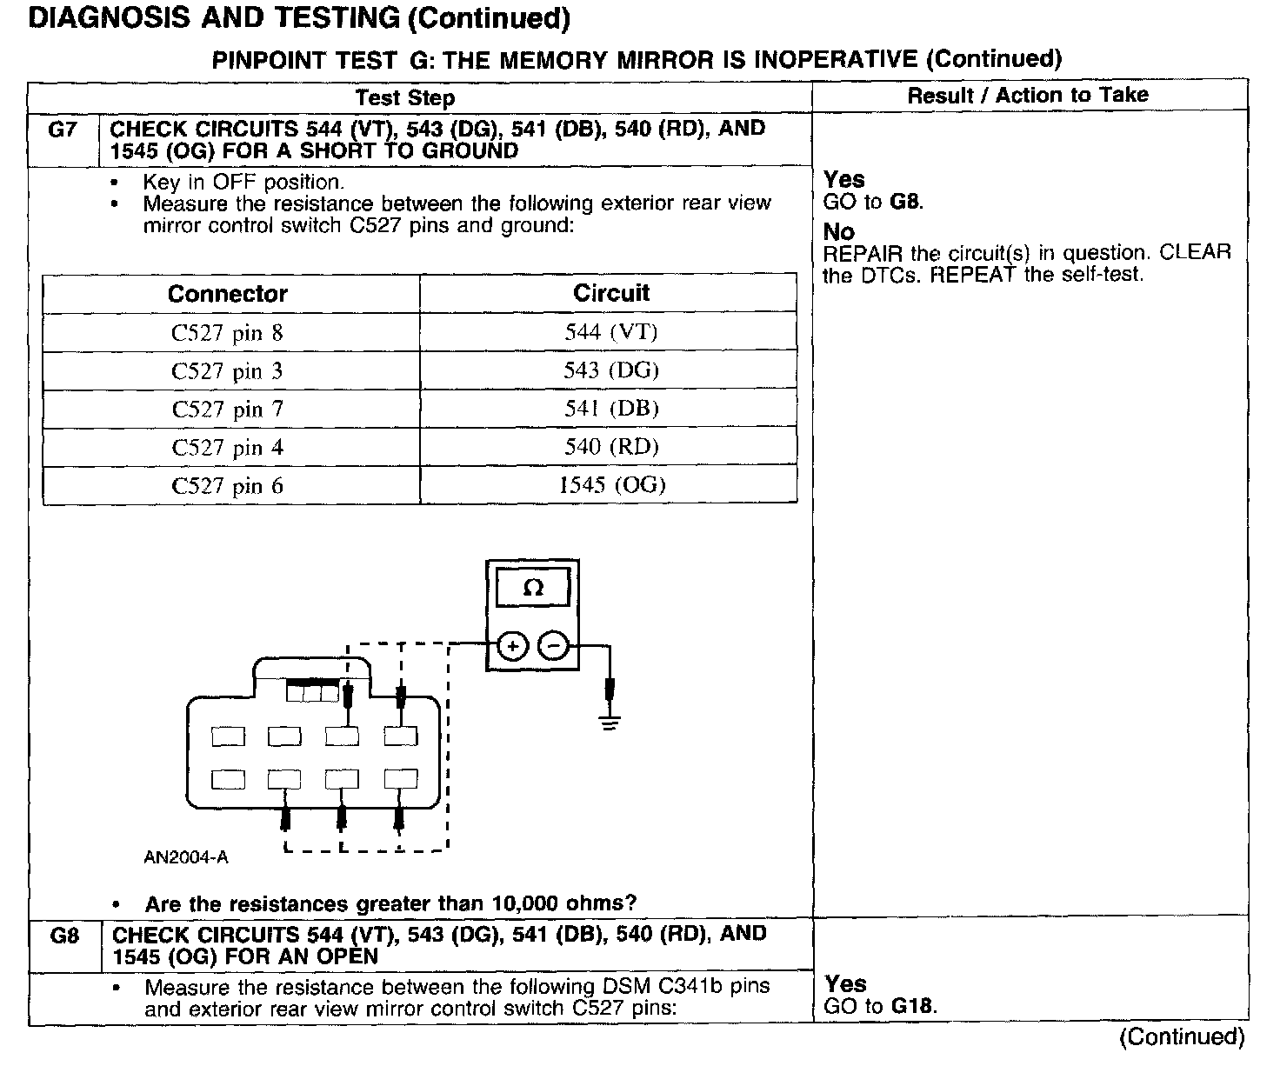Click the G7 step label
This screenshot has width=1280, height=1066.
pyautogui.click(x=63, y=130)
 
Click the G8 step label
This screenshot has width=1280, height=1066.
pyautogui.click(x=65, y=936)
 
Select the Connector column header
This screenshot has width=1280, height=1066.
pyautogui.click(x=228, y=294)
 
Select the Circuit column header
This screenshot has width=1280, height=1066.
pyautogui.click(x=610, y=293)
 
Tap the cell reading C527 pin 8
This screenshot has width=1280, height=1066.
pyautogui.click(x=228, y=333)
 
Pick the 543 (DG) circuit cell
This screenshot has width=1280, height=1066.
pyautogui.click(x=610, y=370)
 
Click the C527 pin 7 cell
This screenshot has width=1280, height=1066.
pyautogui.click(x=228, y=410)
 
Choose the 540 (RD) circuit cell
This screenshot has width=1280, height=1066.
pyautogui.click(x=610, y=447)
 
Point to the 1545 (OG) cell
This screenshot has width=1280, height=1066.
pyautogui.click(x=611, y=485)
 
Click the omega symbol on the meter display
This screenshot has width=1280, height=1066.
pyautogui.click(x=533, y=589)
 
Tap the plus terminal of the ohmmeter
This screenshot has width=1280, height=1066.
pyautogui.click(x=513, y=646)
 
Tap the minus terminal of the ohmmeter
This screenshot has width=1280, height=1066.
pyautogui.click(x=554, y=646)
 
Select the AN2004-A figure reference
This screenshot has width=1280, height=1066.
pyautogui.click(x=186, y=857)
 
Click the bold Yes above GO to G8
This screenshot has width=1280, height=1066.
pyautogui.click(x=843, y=180)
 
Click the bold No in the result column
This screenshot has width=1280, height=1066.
pyautogui.click(x=838, y=232)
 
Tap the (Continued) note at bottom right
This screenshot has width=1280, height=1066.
pyautogui.click(x=1182, y=1036)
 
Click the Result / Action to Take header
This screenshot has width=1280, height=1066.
pyautogui.click(x=1028, y=96)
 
